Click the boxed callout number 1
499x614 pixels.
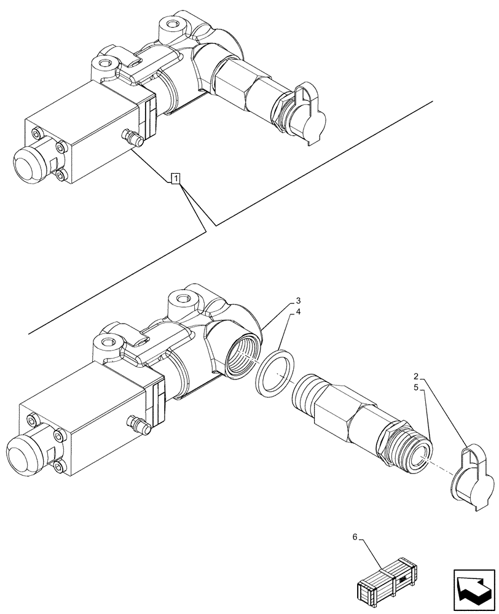click(x=176, y=179)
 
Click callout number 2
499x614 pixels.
click(x=415, y=376)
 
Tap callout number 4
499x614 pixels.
click(x=298, y=312)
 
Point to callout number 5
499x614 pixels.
click(x=415, y=388)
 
